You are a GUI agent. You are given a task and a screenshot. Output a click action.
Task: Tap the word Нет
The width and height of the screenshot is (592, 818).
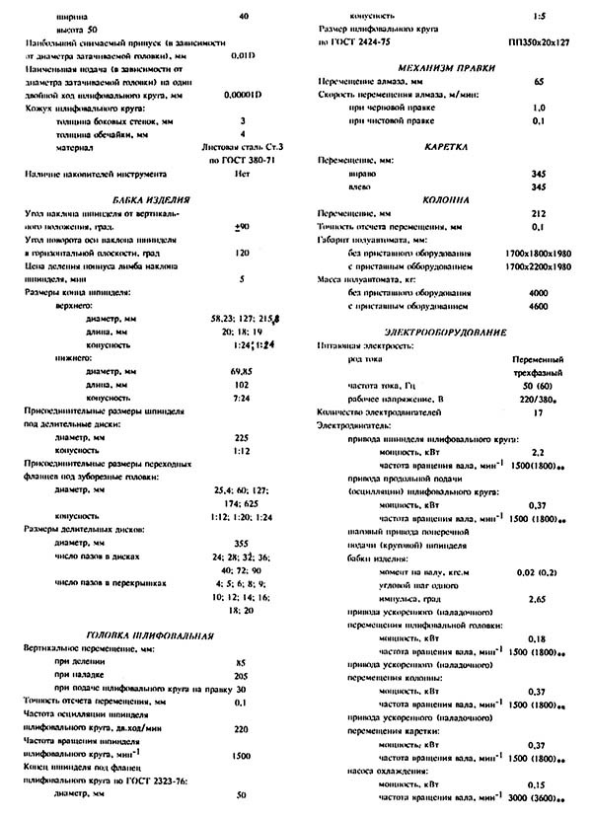pos(242,174)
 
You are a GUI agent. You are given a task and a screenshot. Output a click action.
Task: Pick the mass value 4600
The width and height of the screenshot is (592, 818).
pos(538,307)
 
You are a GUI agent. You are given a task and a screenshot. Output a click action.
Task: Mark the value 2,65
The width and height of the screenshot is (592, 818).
pos(538,599)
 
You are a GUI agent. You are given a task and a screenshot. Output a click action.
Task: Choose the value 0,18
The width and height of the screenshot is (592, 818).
pos(538,638)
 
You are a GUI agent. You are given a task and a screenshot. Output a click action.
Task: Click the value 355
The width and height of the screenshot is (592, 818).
pos(242,543)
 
